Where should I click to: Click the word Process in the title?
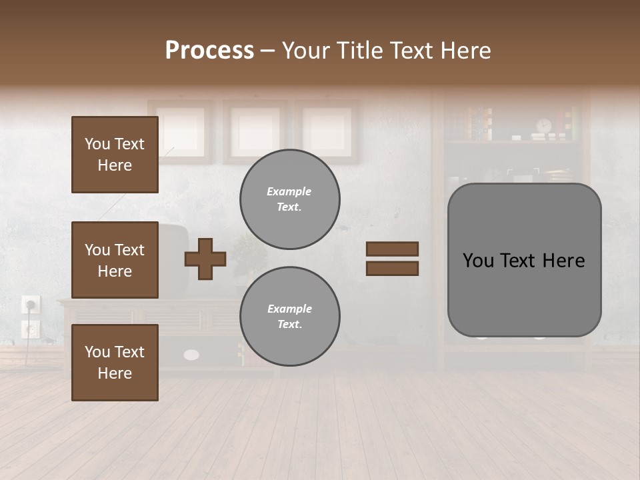[x=209, y=51]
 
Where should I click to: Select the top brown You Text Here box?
[x=115, y=155]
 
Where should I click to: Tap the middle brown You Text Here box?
[x=115, y=260]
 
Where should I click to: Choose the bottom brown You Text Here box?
[x=115, y=362]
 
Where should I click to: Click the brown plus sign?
[x=205, y=259]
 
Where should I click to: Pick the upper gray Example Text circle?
[x=290, y=199]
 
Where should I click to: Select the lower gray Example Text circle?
[x=290, y=316]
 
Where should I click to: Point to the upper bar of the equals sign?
[x=392, y=249]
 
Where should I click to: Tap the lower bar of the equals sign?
[x=392, y=268]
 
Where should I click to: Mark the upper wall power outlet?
[x=31, y=305]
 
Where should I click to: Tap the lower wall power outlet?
[x=31, y=329]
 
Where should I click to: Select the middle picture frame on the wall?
[x=254, y=131]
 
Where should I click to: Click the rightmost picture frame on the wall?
[x=327, y=131]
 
